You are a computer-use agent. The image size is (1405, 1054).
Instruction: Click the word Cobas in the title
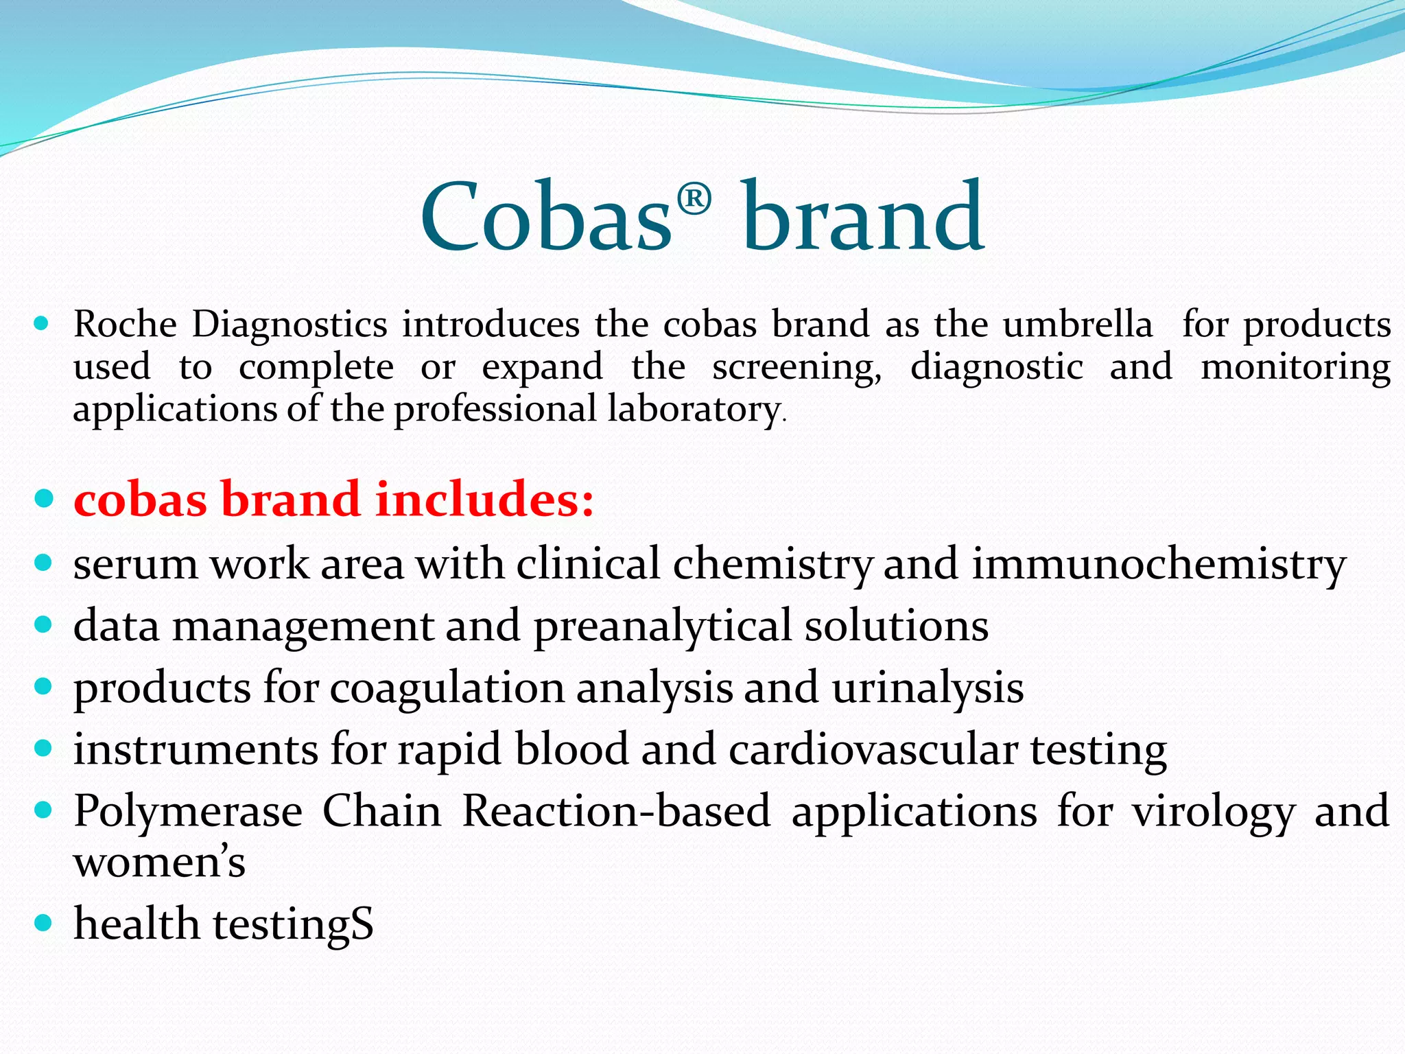(545, 217)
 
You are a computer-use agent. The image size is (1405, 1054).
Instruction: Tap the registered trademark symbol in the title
(694, 200)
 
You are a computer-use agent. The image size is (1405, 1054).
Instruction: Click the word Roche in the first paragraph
(125, 324)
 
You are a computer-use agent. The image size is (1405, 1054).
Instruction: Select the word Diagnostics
(289, 325)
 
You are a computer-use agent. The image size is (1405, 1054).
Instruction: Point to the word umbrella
(1077, 324)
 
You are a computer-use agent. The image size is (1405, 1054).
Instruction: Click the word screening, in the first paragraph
(796, 368)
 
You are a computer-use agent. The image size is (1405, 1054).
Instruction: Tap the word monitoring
(1295, 368)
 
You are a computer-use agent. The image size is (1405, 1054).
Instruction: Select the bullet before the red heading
(43, 498)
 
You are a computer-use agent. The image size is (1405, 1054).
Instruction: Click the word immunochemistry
(1159, 565)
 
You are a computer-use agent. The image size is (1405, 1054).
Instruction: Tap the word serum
(134, 565)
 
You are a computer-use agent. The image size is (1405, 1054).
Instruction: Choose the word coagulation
(447, 688)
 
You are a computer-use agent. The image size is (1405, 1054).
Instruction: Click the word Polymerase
(188, 812)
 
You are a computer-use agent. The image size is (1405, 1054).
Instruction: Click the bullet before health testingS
(43, 923)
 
